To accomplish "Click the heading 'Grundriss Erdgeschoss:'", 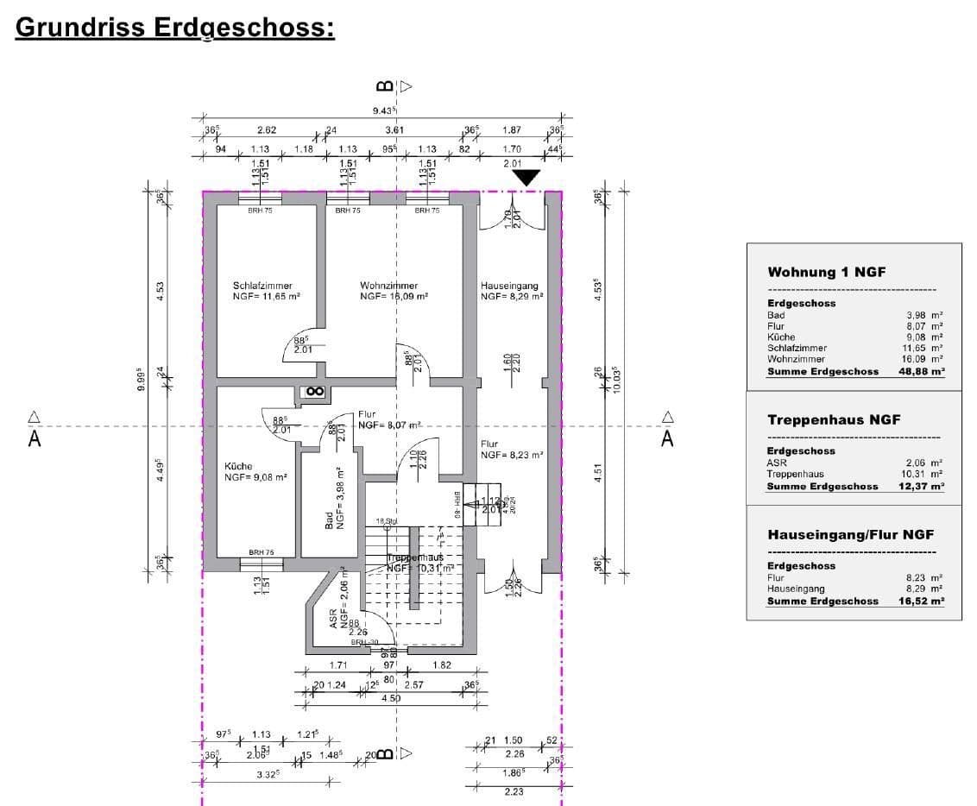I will tap(175, 28).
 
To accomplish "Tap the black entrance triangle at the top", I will tap(526, 178).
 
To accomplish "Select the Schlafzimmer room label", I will tap(262, 286).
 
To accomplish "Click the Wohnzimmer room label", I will tap(389, 286).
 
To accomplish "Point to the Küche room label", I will tap(240, 466).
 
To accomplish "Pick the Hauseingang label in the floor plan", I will tap(509, 286).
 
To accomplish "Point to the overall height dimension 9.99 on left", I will tap(142, 377).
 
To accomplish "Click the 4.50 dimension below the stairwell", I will tap(390, 699).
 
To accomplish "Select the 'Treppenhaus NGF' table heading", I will tap(834, 419).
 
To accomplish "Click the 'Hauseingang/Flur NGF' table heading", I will tap(850, 534).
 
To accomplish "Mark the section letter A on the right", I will tap(667, 438).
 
